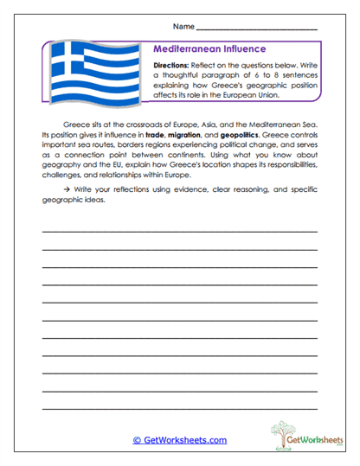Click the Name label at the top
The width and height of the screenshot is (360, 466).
click(183, 28)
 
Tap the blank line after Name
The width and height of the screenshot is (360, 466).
click(257, 29)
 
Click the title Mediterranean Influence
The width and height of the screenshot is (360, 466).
click(209, 49)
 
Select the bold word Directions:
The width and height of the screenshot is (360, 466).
click(176, 66)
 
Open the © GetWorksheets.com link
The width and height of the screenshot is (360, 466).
click(179, 440)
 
